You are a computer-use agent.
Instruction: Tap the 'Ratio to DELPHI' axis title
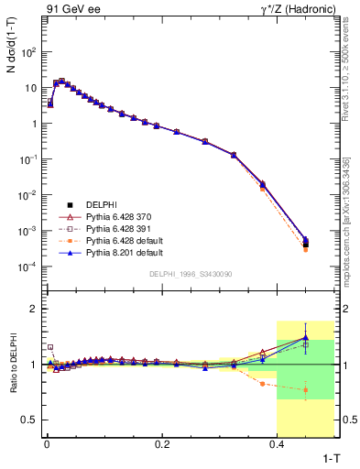[x=13, y=365]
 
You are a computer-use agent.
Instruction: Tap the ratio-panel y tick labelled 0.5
[x=30, y=420]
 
